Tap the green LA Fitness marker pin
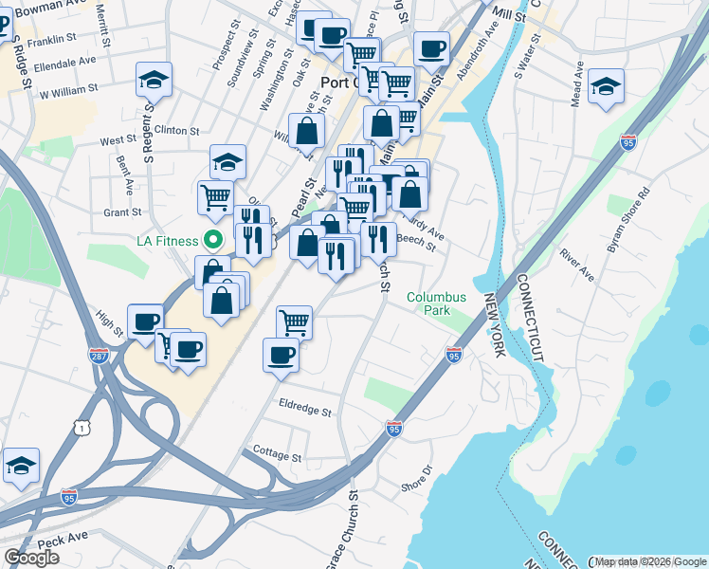click(x=214, y=241)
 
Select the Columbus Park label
click(x=436, y=303)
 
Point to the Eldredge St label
click(x=305, y=413)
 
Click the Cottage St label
click(x=277, y=456)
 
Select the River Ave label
click(x=576, y=266)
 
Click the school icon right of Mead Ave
click(x=607, y=87)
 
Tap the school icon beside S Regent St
click(x=153, y=81)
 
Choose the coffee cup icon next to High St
click(x=145, y=321)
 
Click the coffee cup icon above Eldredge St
click(x=280, y=355)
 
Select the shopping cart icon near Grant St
click(x=215, y=196)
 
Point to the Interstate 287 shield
click(x=99, y=357)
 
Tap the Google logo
click(x=31, y=558)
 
